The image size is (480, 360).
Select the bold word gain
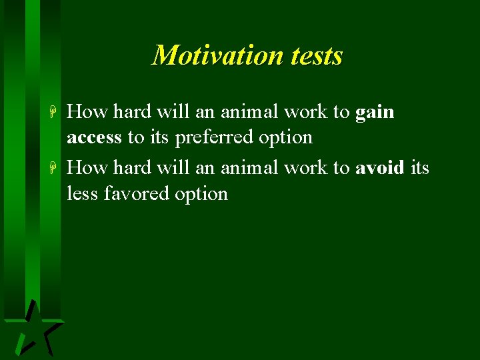pyautogui.click(x=375, y=113)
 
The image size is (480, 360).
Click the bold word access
pyautogui.click(x=94, y=137)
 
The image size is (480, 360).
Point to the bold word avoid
pyautogui.click(x=380, y=167)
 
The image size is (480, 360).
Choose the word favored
pyautogui.click(x=136, y=194)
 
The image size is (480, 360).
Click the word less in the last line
pyautogui.click(x=82, y=194)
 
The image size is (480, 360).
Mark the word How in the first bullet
pyautogui.click(x=87, y=112)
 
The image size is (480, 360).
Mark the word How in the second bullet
pyautogui.click(x=87, y=167)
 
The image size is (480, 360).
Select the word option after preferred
pyautogui.click(x=287, y=137)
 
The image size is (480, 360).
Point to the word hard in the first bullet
pyautogui.click(x=133, y=112)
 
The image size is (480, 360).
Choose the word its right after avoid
pyautogui.click(x=420, y=167)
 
